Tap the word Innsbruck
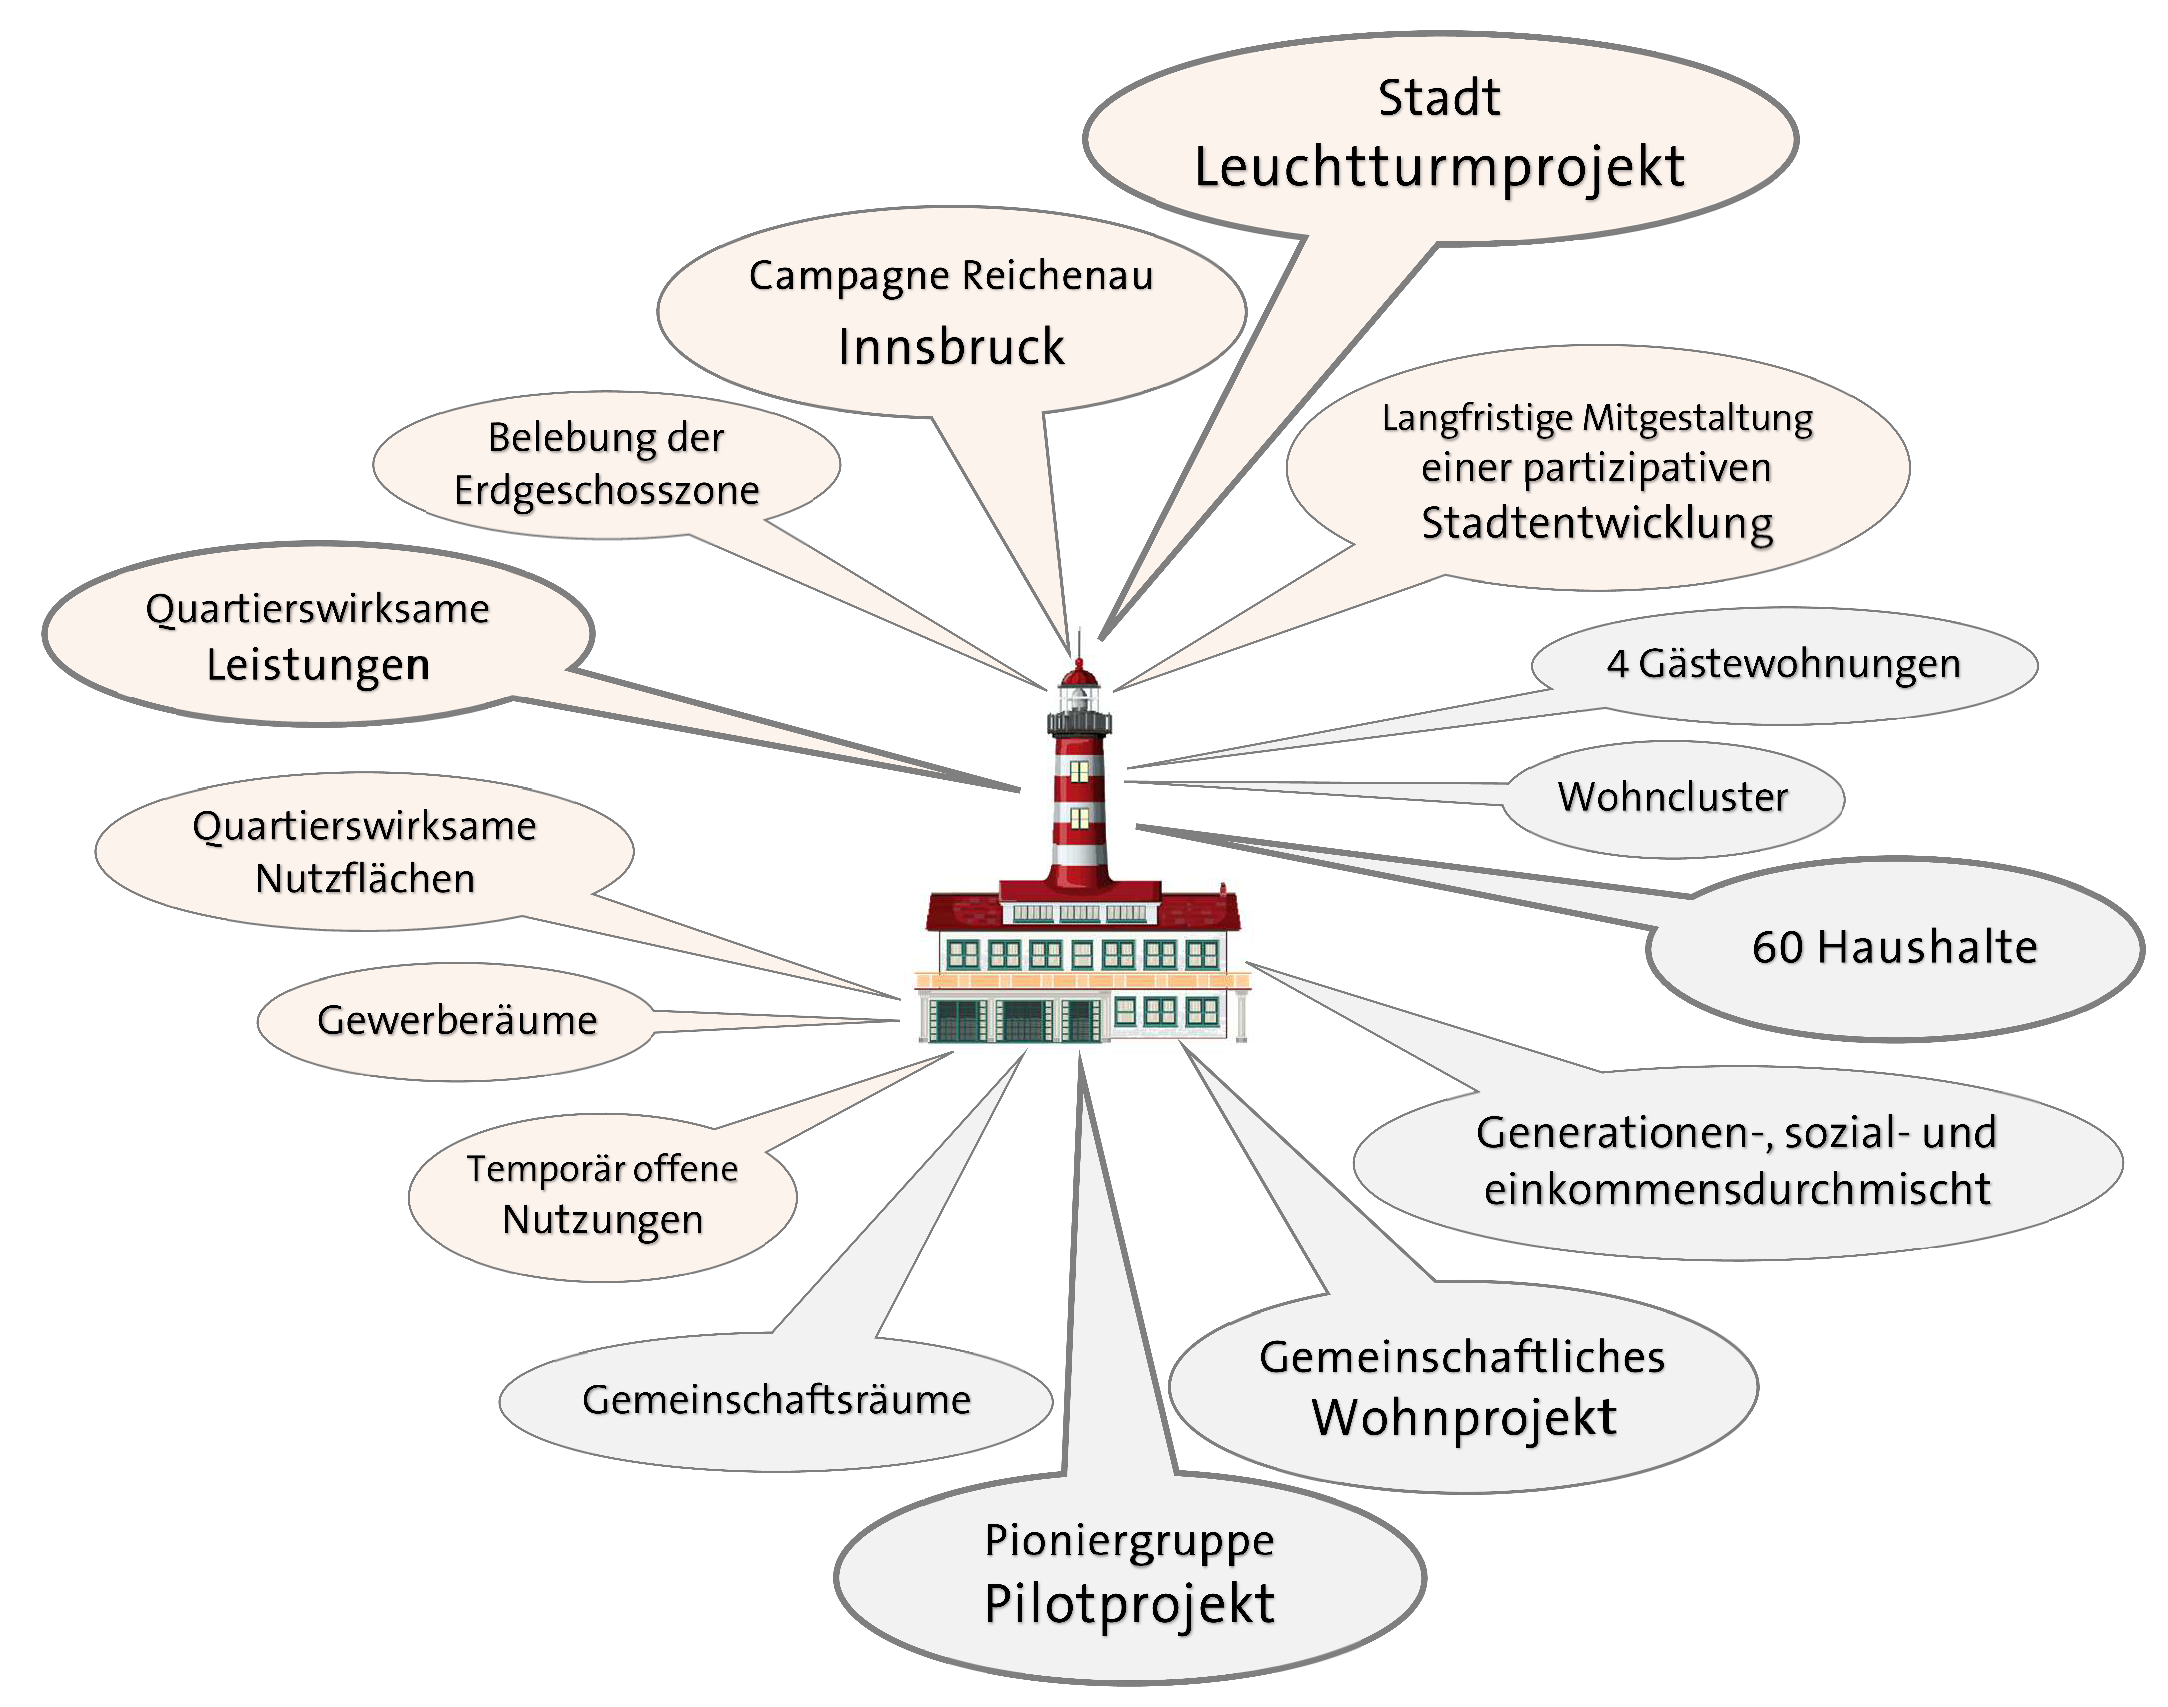[x=952, y=347]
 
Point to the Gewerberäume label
[x=457, y=1021]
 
